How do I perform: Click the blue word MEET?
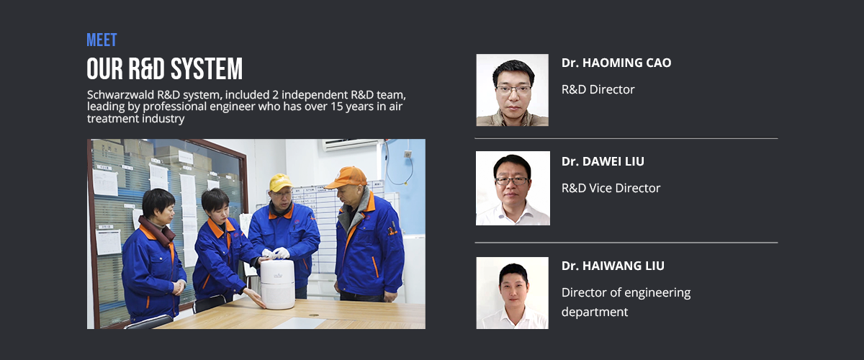tap(102, 40)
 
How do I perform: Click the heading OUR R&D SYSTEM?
tap(165, 68)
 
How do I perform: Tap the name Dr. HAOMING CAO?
tap(616, 63)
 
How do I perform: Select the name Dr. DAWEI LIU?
tap(603, 161)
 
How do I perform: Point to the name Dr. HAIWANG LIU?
tap(613, 266)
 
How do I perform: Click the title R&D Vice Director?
tap(611, 188)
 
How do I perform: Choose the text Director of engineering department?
tap(626, 302)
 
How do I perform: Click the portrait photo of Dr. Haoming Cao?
tap(512, 90)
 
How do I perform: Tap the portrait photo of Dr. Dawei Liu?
tap(513, 188)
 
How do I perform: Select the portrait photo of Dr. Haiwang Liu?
tap(512, 293)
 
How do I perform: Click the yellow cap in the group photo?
tap(280, 182)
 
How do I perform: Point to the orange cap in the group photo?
tap(347, 177)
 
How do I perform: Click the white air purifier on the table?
tap(277, 284)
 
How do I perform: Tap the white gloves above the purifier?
tap(276, 253)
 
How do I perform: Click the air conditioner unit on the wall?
tap(351, 145)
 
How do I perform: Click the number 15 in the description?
tap(336, 107)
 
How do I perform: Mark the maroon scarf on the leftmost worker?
tap(158, 230)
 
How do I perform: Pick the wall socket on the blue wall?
tap(408, 154)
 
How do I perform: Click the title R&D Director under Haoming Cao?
tap(598, 89)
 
